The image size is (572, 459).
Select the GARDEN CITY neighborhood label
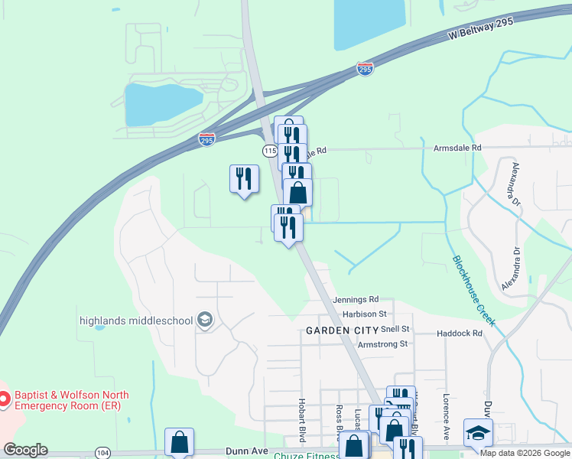(x=342, y=330)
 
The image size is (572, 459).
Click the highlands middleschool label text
(x=136, y=319)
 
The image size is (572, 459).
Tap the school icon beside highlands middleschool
(x=205, y=319)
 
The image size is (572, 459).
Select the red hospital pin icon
(x=5, y=399)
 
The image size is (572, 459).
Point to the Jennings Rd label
(x=356, y=299)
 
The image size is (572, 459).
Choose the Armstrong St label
(x=382, y=344)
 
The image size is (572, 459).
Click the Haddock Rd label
(x=460, y=334)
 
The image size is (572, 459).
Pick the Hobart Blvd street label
(x=302, y=420)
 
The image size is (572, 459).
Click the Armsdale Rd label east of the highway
(x=457, y=147)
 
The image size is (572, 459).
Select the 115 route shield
(x=269, y=151)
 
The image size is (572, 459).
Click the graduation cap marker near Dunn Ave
(x=478, y=433)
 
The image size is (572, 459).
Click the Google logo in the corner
(x=25, y=450)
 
